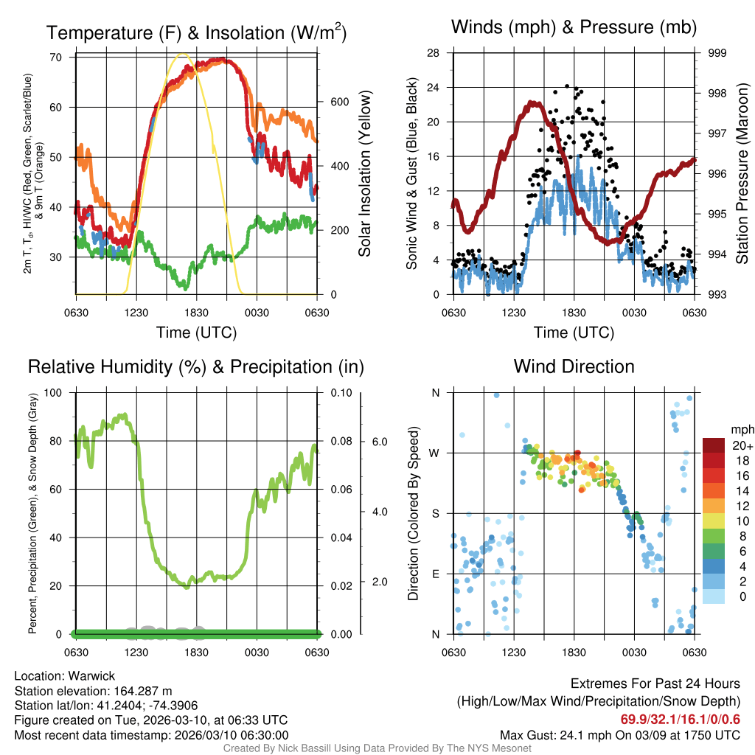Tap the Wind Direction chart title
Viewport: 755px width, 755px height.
(574, 366)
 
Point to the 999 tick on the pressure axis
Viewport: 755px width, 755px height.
(717, 53)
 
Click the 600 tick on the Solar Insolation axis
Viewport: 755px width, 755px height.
(338, 102)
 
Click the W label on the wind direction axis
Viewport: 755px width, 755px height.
(435, 453)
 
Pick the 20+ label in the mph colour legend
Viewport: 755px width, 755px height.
(742, 446)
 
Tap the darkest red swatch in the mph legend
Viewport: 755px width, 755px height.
(714, 445)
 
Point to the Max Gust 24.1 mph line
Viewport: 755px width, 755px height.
(620, 734)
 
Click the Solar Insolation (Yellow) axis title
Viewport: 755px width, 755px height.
(364, 174)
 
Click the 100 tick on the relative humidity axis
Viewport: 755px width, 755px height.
(55, 393)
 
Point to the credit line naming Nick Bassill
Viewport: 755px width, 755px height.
(377, 748)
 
